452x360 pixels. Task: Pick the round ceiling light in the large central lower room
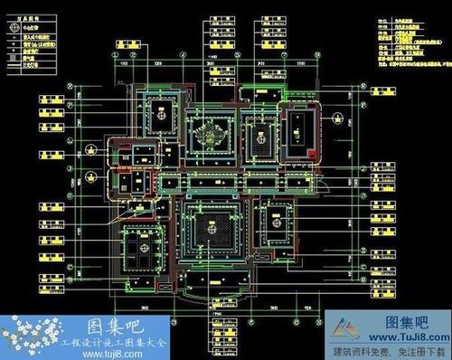[x=211, y=229]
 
